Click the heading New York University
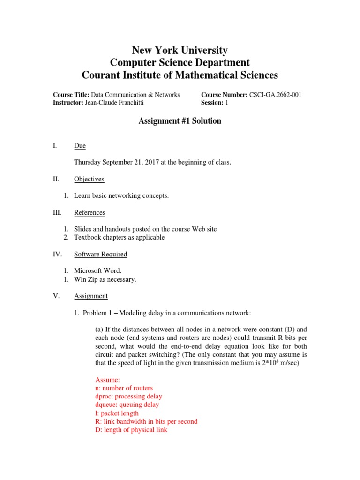[180, 50]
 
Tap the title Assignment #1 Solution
[180, 121]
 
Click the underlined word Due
[80, 146]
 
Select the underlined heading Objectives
[89, 179]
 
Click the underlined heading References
[90, 212]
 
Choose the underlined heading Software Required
[100, 254]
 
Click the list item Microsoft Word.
[97, 271]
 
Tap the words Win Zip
[86, 279]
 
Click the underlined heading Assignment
[90, 296]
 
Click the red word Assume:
[108, 380]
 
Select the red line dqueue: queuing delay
[127, 405]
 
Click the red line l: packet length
[117, 413]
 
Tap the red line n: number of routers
[124, 388]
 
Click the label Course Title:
[71, 95]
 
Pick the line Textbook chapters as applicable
[120, 237]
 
